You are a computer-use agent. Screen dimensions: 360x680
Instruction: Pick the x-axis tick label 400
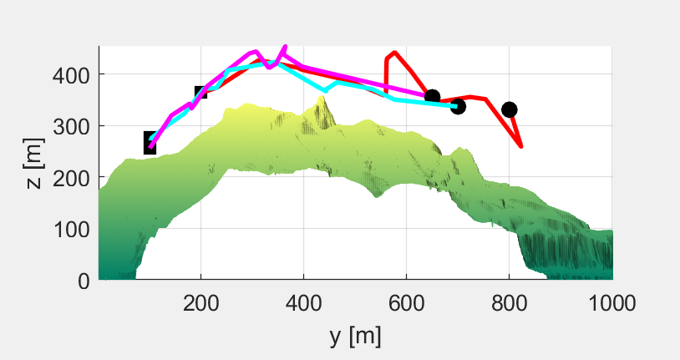point(303,302)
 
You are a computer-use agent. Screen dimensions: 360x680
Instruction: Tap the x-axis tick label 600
point(406,302)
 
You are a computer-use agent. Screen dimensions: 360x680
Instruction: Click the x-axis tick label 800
point(509,302)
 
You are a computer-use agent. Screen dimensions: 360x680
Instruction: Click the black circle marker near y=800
point(509,110)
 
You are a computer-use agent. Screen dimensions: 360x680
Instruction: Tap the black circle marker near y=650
point(432,98)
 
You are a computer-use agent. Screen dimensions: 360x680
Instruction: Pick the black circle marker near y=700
point(458,106)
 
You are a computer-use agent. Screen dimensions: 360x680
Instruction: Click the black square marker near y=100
point(150,143)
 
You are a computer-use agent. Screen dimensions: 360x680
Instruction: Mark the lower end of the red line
point(522,147)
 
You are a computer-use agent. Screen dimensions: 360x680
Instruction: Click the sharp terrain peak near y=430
point(322,97)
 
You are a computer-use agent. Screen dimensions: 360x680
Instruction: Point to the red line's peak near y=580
point(394,52)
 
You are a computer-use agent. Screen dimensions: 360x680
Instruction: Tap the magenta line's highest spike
point(286,46)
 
